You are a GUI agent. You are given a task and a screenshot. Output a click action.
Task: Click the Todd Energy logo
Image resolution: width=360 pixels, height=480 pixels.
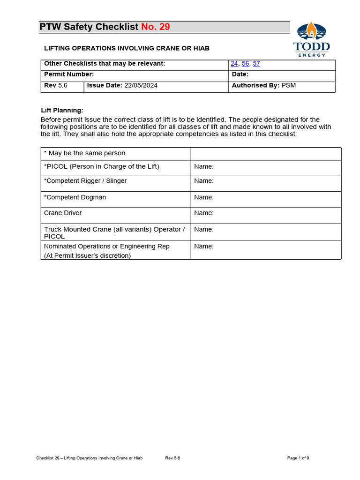311,39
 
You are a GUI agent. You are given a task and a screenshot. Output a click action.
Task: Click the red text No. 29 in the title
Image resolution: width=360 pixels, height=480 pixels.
156,27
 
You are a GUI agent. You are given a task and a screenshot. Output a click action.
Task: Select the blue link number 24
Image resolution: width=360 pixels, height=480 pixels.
234,64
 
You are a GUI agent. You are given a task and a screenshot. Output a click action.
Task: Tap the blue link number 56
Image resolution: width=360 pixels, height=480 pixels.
246,64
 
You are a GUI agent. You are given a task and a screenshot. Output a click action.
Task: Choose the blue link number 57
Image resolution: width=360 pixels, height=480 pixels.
256,64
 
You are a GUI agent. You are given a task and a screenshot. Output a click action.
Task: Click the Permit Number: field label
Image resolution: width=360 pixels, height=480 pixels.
69,74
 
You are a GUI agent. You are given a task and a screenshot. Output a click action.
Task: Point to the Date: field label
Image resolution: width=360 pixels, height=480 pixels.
240,74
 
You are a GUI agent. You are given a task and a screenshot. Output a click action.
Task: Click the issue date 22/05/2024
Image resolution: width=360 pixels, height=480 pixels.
141,85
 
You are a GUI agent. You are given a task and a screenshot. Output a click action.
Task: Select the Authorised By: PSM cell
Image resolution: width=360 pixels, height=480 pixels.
264,85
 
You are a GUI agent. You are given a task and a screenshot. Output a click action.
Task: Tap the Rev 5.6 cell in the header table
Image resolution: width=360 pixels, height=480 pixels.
56,85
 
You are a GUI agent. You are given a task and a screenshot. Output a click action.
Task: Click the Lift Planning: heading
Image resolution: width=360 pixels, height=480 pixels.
62,110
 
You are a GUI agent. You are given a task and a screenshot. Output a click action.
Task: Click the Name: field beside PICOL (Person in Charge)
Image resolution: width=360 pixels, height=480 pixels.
204,166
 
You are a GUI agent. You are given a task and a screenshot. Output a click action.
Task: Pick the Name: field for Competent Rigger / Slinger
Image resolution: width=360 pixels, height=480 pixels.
204,180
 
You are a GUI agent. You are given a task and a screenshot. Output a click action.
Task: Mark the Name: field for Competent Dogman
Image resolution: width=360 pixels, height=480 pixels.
204,197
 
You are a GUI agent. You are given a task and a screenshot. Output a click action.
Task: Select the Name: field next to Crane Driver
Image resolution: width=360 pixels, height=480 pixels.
204,213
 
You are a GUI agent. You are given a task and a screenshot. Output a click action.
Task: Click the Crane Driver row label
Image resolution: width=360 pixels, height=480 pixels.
63,213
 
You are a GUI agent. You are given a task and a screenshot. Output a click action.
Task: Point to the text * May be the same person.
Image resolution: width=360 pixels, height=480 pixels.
85,153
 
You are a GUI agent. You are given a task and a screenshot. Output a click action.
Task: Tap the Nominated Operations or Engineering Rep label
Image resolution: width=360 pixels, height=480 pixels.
107,246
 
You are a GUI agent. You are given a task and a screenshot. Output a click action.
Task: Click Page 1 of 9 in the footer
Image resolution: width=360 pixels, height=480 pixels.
298,458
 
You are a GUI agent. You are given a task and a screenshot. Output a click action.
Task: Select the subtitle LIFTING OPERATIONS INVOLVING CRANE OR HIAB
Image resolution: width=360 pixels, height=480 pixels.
127,48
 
